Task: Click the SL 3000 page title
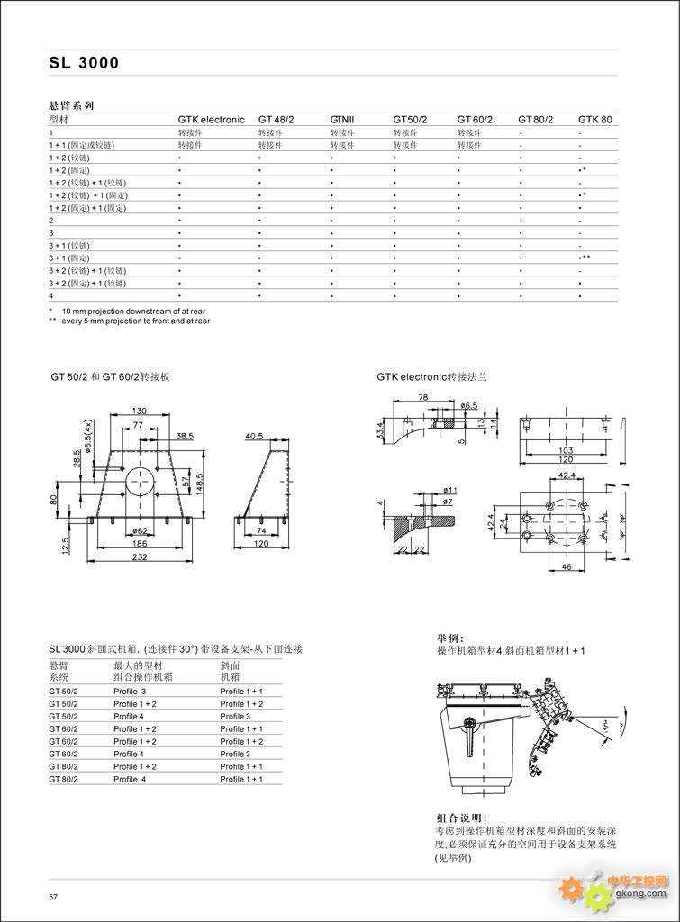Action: (84, 63)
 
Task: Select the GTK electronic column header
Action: (211, 119)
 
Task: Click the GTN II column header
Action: (342, 119)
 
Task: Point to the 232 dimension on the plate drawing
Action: (141, 558)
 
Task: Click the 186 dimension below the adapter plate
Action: (141, 545)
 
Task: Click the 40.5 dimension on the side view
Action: (255, 436)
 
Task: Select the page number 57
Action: (53, 897)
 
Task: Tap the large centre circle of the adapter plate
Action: (140, 481)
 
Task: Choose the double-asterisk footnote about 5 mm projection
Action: (130, 320)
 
